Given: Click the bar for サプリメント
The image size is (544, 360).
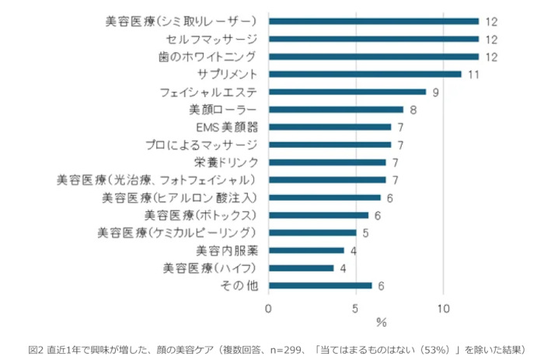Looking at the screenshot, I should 364,74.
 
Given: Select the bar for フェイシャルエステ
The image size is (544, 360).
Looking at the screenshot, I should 347,92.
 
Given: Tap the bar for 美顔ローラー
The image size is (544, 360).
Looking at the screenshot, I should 336,110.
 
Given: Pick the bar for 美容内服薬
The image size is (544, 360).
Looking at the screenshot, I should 306,250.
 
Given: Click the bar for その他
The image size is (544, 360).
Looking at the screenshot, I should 320,285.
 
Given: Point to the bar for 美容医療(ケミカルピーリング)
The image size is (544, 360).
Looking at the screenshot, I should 312,232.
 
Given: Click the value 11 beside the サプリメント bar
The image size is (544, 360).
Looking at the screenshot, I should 473,75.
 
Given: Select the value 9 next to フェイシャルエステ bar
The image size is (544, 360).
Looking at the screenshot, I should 435,92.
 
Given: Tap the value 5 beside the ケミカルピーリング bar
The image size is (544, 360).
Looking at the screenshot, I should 364,232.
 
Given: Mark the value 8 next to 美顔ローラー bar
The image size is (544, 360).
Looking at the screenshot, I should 413,110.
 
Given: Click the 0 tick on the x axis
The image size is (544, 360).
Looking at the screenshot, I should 268,308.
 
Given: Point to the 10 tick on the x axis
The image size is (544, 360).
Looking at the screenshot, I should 443,308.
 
